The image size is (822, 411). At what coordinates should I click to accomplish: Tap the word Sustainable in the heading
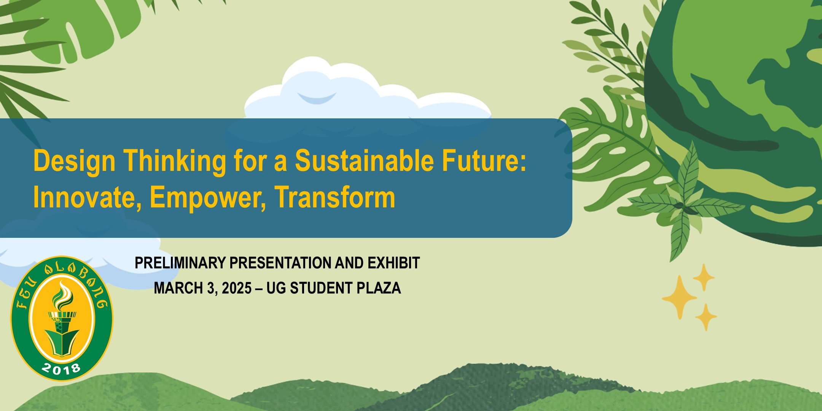click(x=364, y=160)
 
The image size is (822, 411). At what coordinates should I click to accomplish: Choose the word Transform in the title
click(x=335, y=197)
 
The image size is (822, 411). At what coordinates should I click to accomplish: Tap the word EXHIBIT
click(x=393, y=263)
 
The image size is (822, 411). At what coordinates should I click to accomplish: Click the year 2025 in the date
click(x=237, y=288)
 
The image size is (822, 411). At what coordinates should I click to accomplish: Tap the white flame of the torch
click(x=62, y=296)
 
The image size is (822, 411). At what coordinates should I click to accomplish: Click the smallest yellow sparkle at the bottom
click(x=706, y=317)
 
